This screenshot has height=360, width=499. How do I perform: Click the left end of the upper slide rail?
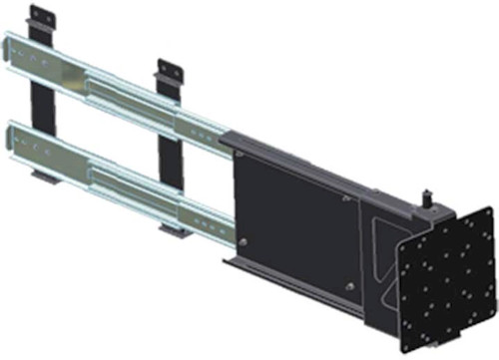click(12, 50)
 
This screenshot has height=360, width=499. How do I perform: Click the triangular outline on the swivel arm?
click(384, 249)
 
